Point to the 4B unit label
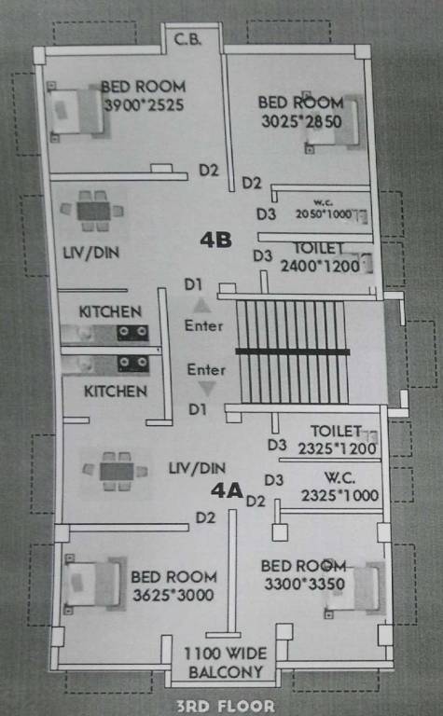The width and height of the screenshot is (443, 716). (215, 240)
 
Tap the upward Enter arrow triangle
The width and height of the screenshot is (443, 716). (201, 305)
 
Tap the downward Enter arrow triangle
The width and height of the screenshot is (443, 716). (206, 389)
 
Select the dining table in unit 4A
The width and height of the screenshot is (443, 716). (118, 470)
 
